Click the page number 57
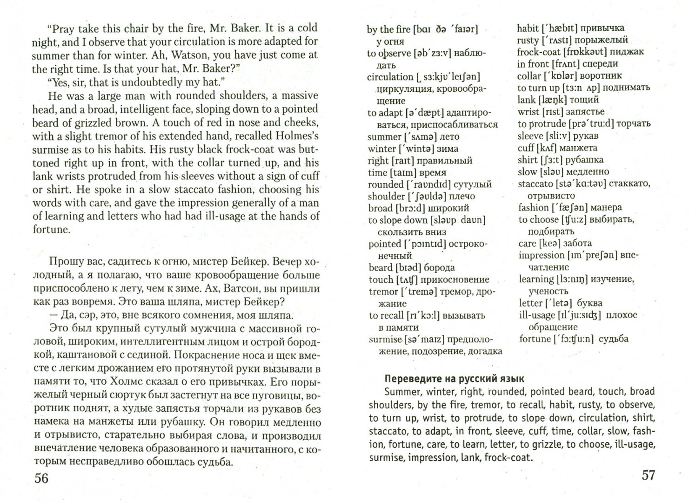point(648,475)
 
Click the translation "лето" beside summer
point(448,137)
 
